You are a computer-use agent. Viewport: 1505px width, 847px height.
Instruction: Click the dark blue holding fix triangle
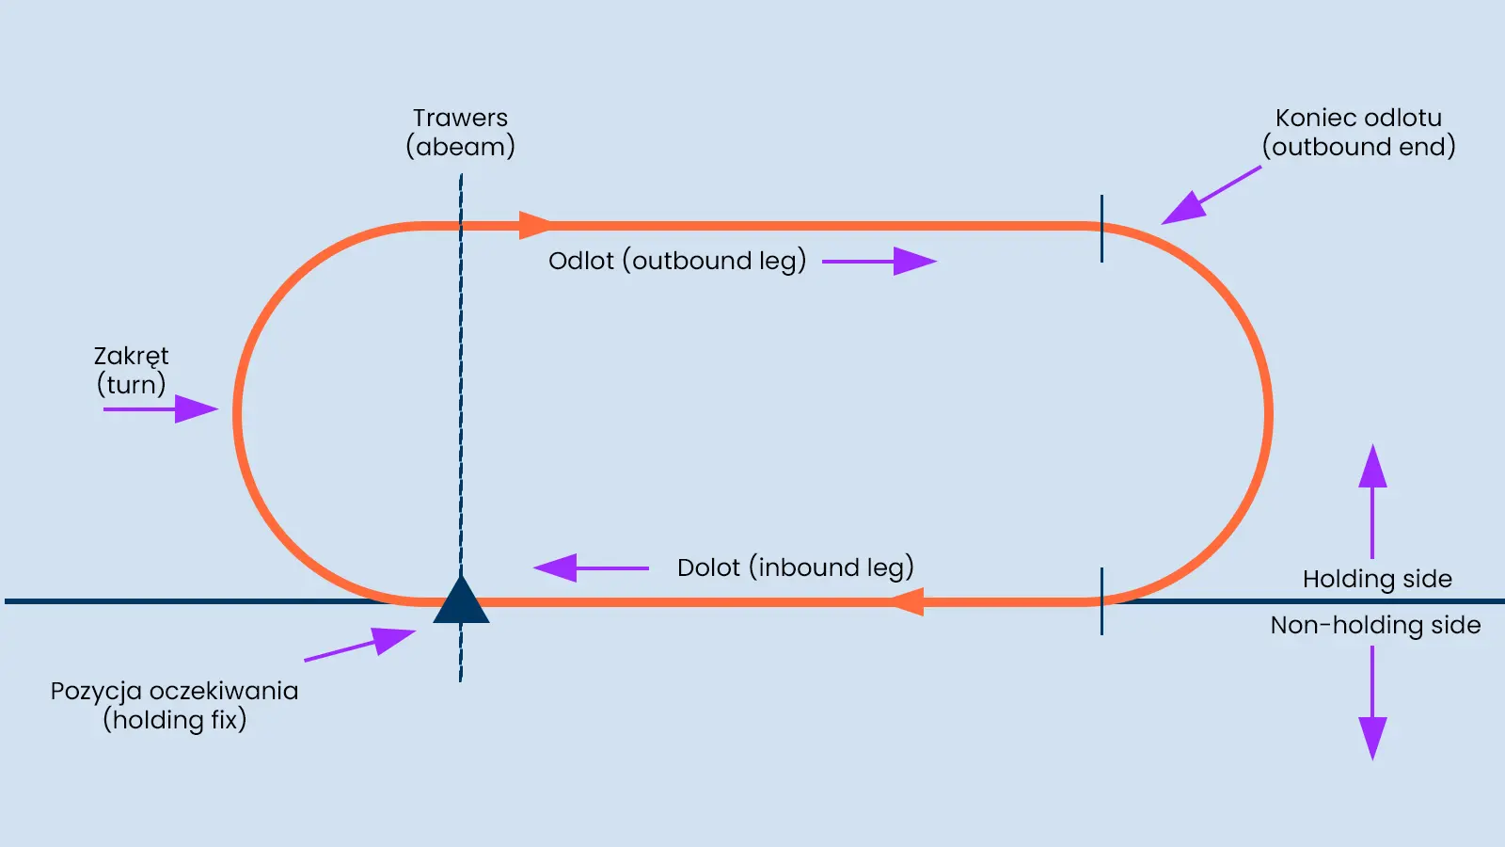point(461,603)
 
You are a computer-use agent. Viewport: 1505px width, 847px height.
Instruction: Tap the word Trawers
point(460,118)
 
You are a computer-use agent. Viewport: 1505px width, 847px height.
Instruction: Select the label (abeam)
point(460,147)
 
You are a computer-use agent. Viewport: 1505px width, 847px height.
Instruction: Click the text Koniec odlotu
point(1358,118)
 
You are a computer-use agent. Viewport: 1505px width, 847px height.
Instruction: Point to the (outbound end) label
point(1358,147)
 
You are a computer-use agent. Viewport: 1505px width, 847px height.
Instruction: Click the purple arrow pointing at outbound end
point(1209,196)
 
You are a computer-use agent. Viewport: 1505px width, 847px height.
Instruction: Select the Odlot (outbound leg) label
point(677,261)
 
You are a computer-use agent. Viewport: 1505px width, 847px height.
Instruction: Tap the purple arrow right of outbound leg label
point(879,261)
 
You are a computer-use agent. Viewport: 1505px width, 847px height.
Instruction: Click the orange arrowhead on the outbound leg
point(535,226)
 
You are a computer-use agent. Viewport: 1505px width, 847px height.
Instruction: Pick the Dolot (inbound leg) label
point(795,567)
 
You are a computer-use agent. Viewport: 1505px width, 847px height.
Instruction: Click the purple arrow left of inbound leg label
point(591,567)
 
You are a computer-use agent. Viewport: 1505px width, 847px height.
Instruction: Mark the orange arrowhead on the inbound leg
point(908,601)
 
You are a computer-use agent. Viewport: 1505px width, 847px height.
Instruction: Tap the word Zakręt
point(131,356)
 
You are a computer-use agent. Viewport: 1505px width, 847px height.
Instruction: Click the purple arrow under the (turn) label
point(160,409)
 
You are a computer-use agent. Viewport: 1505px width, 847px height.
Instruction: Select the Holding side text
point(1377,579)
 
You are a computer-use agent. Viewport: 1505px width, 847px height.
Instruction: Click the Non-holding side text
point(1375,625)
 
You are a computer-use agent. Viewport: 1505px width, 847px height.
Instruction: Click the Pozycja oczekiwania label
point(174,691)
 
